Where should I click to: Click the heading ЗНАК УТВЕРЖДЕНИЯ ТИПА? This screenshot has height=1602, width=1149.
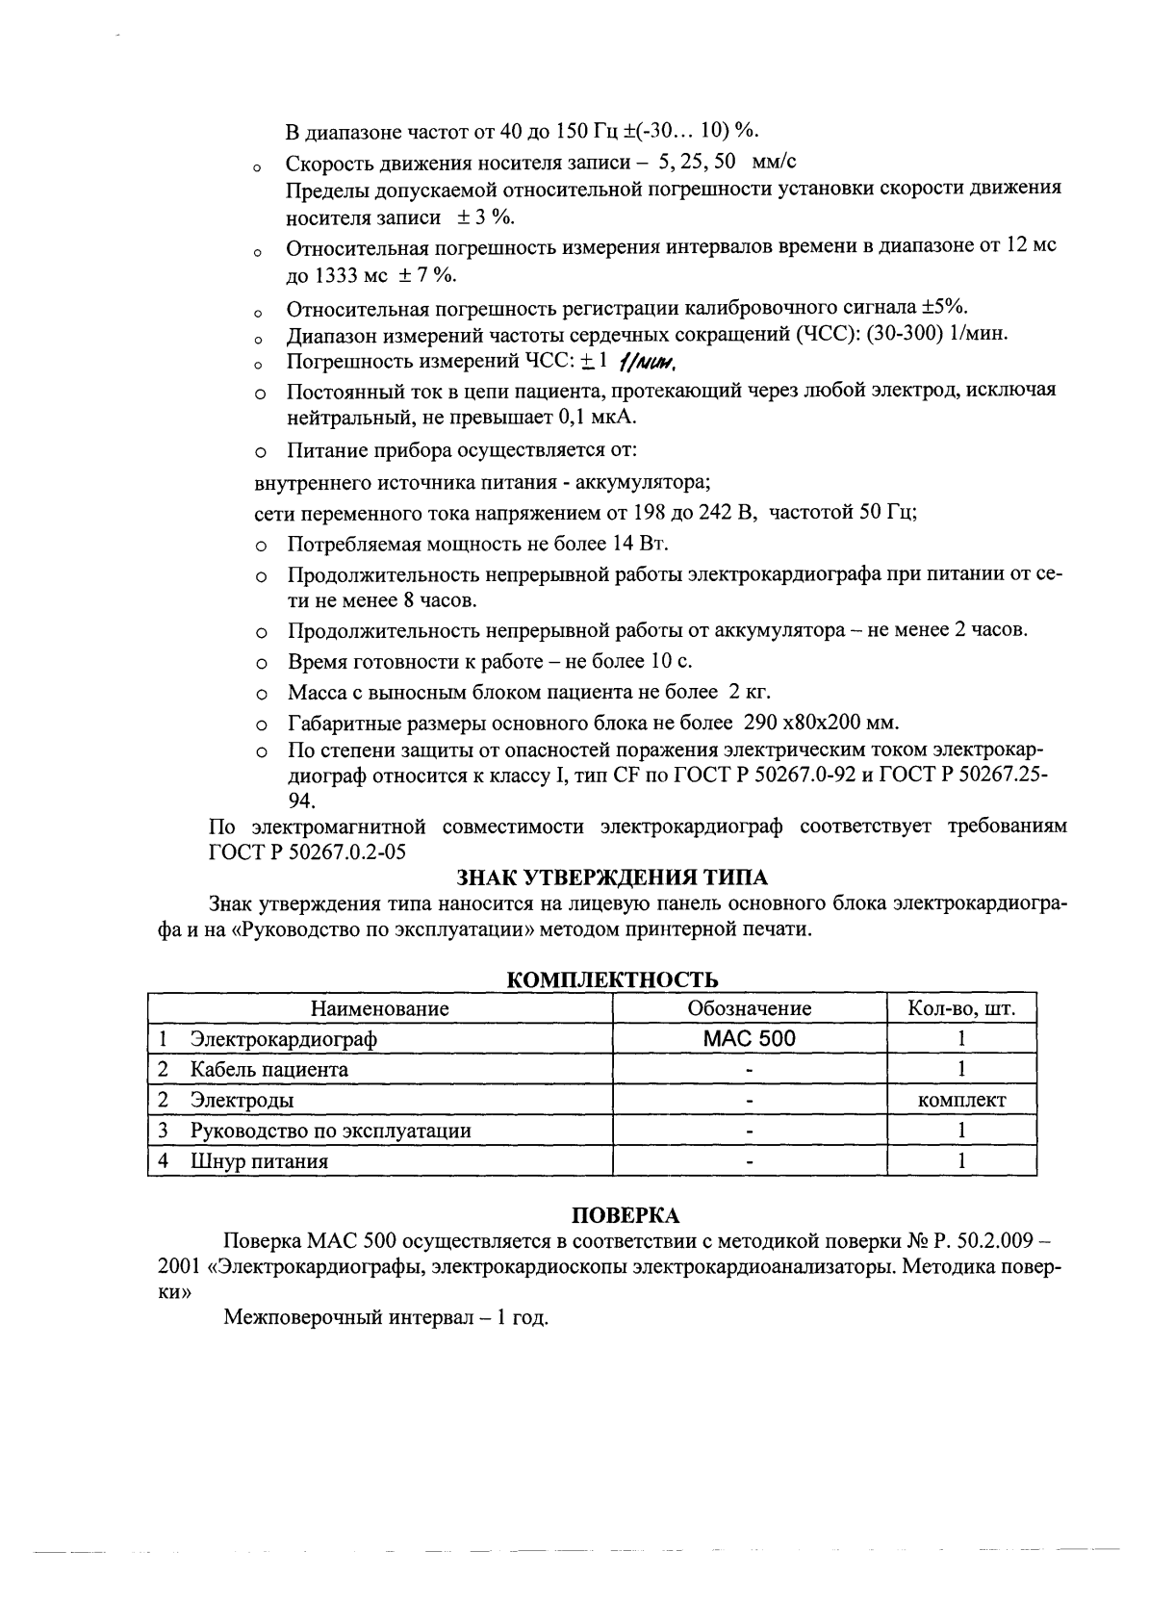[612, 877]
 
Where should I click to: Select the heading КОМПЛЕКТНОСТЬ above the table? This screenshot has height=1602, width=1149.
[612, 980]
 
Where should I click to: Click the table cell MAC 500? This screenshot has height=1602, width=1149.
[749, 1039]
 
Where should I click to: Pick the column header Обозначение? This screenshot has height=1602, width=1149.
[749, 1008]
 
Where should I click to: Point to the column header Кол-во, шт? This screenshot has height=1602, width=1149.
[961, 1008]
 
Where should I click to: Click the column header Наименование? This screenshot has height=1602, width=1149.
[379, 1008]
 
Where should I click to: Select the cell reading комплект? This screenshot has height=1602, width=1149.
[961, 1100]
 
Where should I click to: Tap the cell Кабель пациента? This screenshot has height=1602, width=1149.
[269, 1069]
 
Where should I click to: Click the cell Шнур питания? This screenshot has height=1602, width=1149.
[259, 1161]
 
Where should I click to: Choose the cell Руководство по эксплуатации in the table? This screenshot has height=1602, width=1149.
[330, 1131]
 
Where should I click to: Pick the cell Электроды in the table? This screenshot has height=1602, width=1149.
[242, 1100]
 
